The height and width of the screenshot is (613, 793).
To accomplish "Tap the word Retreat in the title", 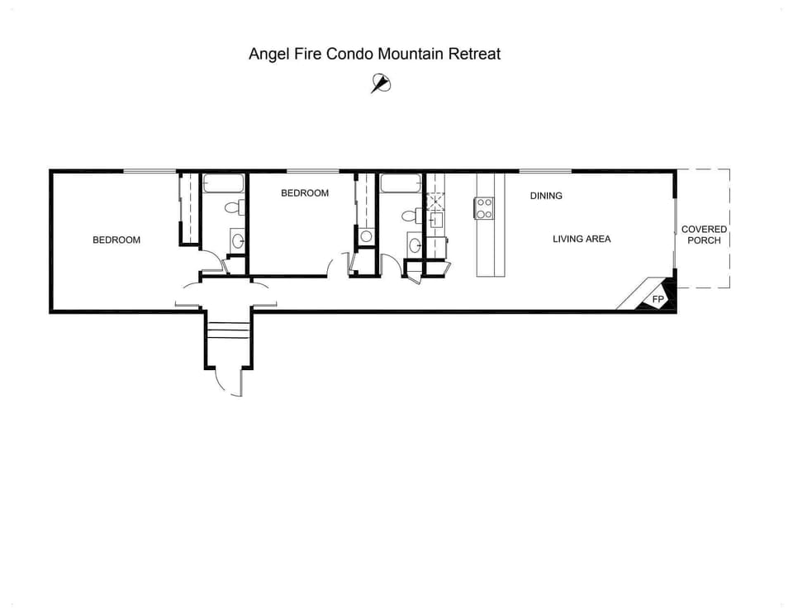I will (x=474, y=55).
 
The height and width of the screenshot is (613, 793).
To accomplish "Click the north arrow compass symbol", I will (x=380, y=83).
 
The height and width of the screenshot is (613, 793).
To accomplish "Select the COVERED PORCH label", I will (x=704, y=235).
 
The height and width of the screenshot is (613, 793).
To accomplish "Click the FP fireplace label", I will (x=658, y=299).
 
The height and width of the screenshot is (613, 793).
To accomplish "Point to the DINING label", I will (x=546, y=196).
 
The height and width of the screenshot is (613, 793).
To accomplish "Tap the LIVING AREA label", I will (x=582, y=239).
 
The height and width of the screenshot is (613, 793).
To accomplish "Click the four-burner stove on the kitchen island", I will (x=484, y=208).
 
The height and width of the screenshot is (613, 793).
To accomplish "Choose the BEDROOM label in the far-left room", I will (x=116, y=240).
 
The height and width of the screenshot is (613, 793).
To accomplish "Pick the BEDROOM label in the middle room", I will (x=304, y=193).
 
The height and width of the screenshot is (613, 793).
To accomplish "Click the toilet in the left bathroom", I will (x=238, y=207).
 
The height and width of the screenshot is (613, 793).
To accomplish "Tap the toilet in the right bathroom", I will (x=409, y=216).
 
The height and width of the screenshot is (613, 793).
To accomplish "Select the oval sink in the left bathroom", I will (x=238, y=241).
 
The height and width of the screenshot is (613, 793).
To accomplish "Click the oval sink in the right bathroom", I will (x=414, y=245).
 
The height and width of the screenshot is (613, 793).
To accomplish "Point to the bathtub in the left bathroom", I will (x=224, y=183).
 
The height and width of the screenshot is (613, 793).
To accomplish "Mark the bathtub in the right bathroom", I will (x=401, y=183).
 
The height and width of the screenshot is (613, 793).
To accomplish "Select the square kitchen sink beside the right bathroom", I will (x=435, y=220).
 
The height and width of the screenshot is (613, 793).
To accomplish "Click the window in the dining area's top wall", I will (x=545, y=171).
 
